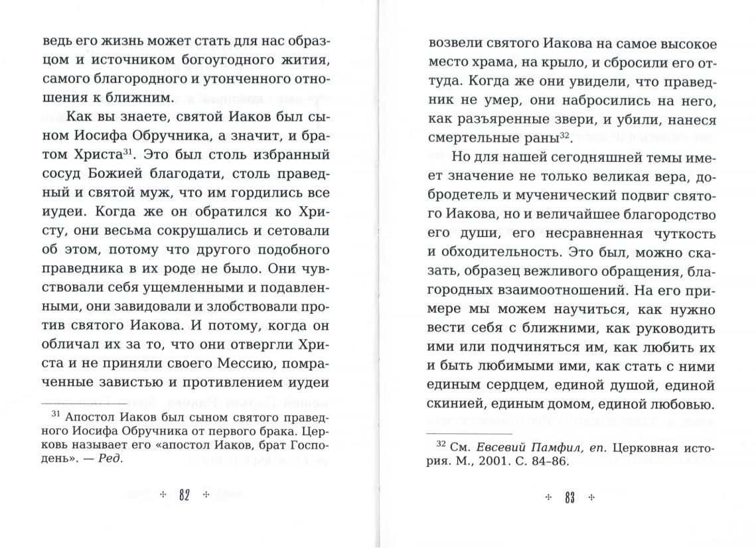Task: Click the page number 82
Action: click(x=185, y=496)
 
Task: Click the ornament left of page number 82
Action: click(x=163, y=496)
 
